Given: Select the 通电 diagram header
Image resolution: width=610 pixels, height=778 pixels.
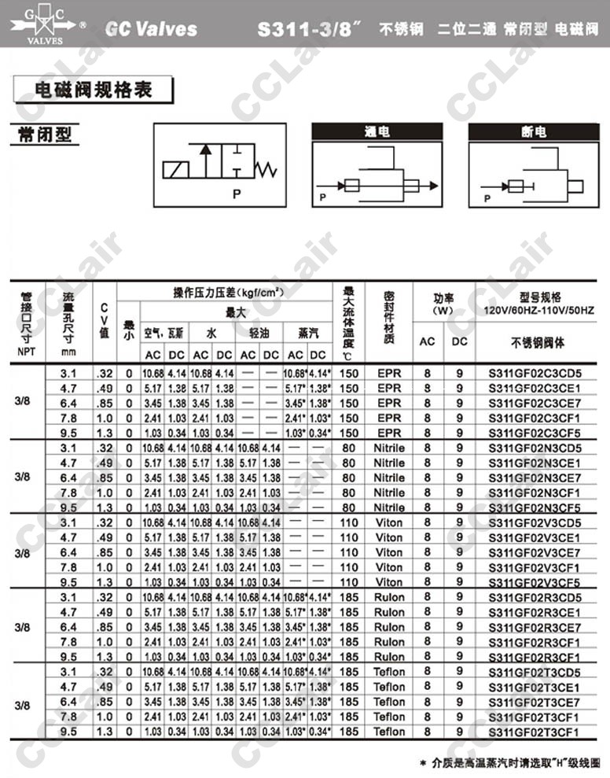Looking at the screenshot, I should tap(377, 132).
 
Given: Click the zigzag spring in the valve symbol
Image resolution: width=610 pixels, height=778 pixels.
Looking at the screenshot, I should tap(269, 168).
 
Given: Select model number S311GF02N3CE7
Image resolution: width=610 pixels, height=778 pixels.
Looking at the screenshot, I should tap(535, 477).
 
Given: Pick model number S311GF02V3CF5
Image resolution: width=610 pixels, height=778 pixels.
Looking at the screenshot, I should tap(535, 582).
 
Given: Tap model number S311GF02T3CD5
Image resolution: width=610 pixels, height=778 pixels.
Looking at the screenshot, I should tap(535, 672).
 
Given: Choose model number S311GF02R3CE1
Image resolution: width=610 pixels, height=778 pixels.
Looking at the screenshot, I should tap(535, 612).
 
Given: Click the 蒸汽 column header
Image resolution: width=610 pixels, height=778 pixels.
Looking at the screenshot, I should tap(307, 333).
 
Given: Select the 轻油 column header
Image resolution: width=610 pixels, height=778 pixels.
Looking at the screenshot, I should tap(259, 333).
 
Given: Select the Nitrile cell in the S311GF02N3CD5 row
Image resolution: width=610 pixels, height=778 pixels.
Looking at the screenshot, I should tap(389, 448).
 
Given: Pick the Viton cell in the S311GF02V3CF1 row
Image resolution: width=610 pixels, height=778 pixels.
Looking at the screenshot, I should tap(389, 567).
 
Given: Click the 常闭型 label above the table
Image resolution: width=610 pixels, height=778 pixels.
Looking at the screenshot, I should tap(44, 135).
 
